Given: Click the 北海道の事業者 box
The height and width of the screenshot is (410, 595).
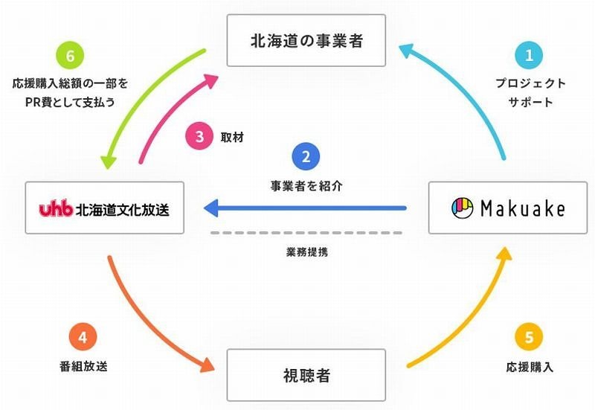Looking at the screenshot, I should [306, 40].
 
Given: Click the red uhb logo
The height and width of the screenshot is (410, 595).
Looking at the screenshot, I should [56, 209].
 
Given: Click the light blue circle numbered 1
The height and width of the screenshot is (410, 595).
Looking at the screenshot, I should [530, 55].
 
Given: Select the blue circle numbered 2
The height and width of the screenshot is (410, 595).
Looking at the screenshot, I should [306, 157].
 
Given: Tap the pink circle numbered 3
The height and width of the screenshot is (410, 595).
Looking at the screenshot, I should [199, 137].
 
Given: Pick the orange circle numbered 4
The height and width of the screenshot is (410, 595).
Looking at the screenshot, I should [83, 337].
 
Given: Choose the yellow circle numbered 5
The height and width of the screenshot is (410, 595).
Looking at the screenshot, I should [529, 337].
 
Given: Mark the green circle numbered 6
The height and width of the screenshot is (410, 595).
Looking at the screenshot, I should [69, 55].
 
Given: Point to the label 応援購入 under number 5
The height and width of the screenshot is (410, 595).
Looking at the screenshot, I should [529, 367].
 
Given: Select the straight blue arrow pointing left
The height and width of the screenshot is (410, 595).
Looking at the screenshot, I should [306, 208].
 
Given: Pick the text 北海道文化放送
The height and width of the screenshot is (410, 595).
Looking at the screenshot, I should [123, 209].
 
